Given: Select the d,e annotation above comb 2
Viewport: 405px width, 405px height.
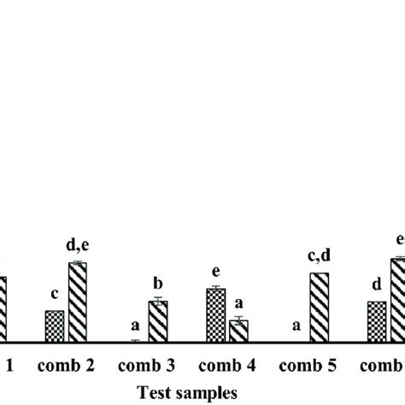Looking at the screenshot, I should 78,248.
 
